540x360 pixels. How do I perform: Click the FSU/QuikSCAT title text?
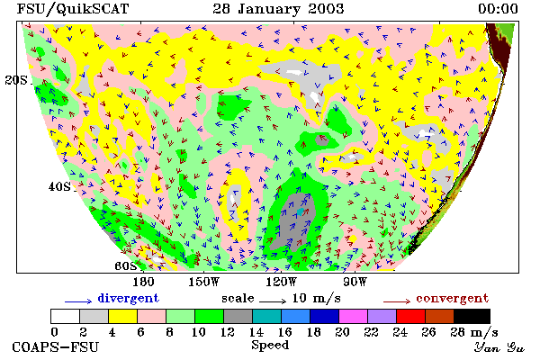(x=73, y=9)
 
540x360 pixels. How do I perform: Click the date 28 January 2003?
(x=278, y=9)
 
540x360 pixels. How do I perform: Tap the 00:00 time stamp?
(x=498, y=9)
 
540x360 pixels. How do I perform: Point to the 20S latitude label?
(x=16, y=80)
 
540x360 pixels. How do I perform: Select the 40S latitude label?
(x=59, y=186)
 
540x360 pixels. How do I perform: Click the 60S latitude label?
(x=126, y=266)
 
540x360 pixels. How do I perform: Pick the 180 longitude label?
(x=143, y=282)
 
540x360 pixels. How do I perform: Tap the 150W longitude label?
(x=204, y=282)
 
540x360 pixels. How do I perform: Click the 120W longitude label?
(x=281, y=282)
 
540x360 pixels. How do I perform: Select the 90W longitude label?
(x=355, y=282)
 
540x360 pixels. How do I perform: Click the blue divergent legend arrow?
(x=78, y=301)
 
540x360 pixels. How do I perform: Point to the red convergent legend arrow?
(x=397, y=301)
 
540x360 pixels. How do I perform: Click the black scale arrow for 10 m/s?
(x=273, y=301)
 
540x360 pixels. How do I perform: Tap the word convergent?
(x=453, y=298)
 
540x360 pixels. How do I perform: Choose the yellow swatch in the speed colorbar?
(x=122, y=316)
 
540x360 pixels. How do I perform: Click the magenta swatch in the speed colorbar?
(x=354, y=316)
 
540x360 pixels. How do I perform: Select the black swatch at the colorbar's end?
(x=472, y=316)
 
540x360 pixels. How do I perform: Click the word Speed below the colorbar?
(x=270, y=346)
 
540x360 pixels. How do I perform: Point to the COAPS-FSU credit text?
(x=56, y=346)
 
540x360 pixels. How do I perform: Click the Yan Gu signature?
(x=499, y=347)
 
